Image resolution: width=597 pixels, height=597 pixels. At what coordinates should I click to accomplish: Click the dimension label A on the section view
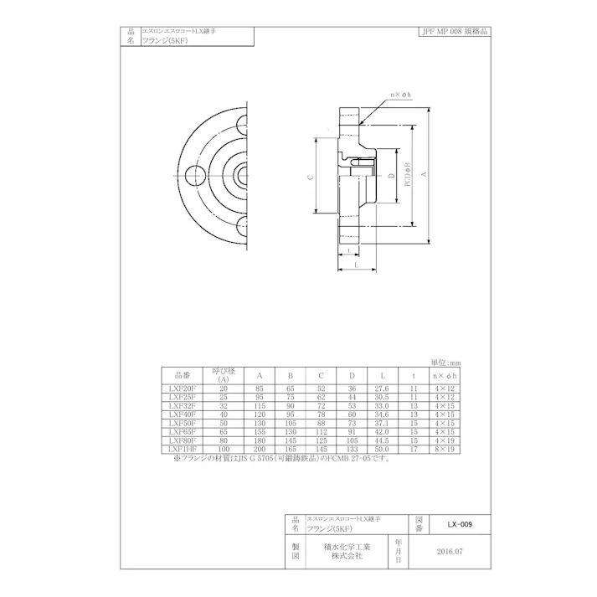(425, 172)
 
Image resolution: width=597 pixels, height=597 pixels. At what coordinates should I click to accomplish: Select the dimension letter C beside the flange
(310, 177)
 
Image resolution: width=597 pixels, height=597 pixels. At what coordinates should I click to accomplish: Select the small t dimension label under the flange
(347, 250)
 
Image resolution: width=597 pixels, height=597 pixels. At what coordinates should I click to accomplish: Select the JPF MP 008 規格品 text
(454, 31)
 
